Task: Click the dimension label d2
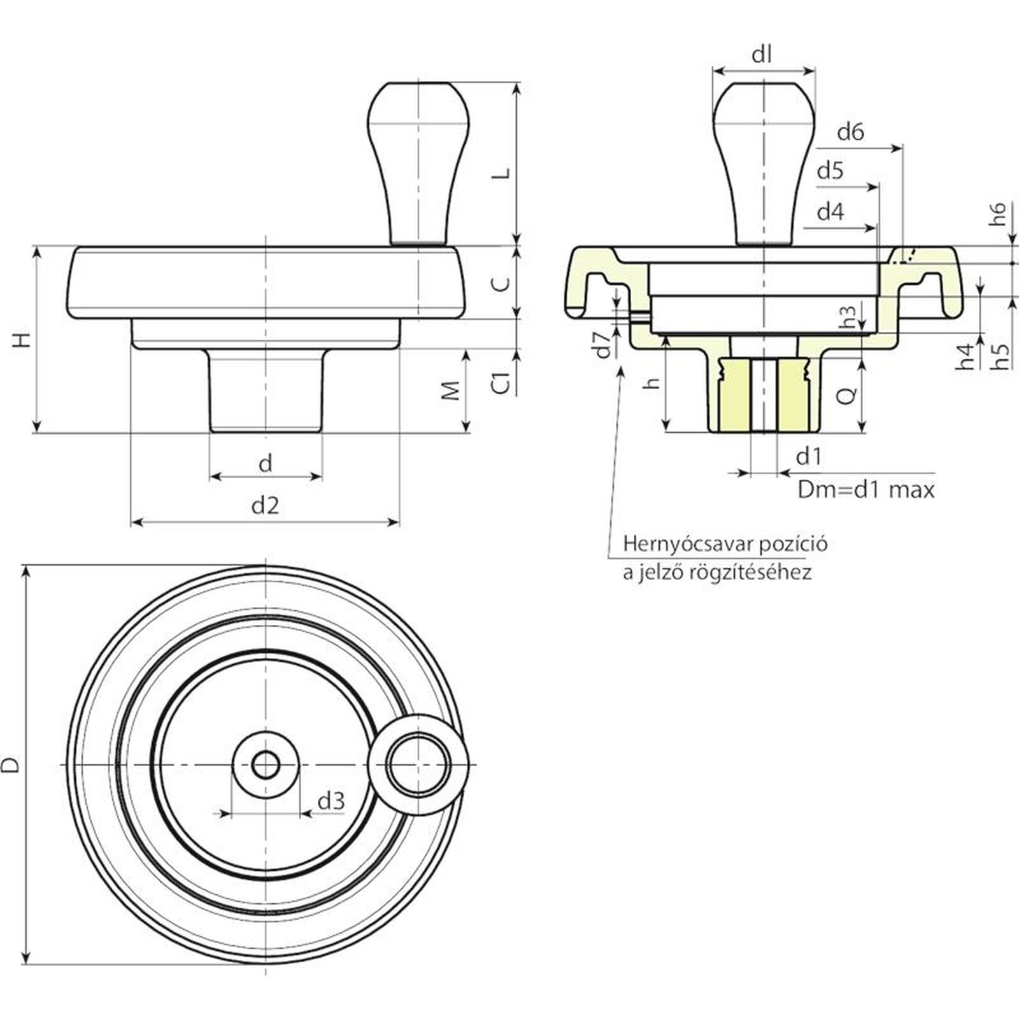[x=265, y=506]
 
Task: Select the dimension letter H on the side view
[x=22, y=339]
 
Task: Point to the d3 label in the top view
[x=331, y=801]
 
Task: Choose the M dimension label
[x=451, y=390]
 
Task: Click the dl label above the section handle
[x=762, y=55]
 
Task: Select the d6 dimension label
[x=850, y=132]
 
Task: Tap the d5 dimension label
[x=830, y=171]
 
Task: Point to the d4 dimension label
[x=830, y=211]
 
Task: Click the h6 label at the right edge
[x=998, y=213]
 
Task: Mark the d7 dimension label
[x=604, y=345]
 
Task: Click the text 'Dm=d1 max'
[x=866, y=490]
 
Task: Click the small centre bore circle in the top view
[x=265, y=764]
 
